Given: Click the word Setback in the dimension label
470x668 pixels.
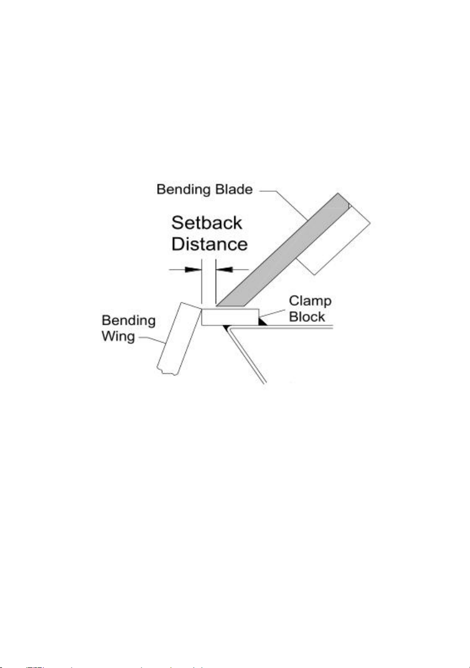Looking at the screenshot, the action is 207,223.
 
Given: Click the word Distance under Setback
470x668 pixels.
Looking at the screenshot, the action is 210,244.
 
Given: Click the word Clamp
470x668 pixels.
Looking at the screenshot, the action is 310,302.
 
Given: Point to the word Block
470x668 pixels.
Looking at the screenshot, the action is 307,317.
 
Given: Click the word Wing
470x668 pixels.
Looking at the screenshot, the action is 118,337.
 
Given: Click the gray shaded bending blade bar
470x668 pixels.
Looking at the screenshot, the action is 283,250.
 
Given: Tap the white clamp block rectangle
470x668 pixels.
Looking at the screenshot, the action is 230,317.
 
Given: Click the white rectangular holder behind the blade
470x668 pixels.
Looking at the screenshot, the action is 333,239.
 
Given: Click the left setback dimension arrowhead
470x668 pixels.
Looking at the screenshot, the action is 193,269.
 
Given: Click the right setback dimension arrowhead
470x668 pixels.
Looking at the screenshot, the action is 224,269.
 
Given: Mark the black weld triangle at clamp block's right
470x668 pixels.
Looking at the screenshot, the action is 262,322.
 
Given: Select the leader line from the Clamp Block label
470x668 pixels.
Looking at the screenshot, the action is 273,313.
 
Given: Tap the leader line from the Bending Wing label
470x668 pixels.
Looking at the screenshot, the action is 152,340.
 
